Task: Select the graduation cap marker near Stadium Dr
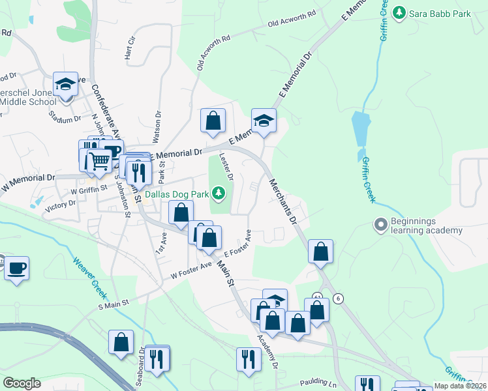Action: [x=65, y=84]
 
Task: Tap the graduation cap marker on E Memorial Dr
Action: [x=264, y=121]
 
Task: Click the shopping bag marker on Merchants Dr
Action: [x=320, y=252]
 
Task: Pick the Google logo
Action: [x=22, y=383]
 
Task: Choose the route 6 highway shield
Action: [x=337, y=298]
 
